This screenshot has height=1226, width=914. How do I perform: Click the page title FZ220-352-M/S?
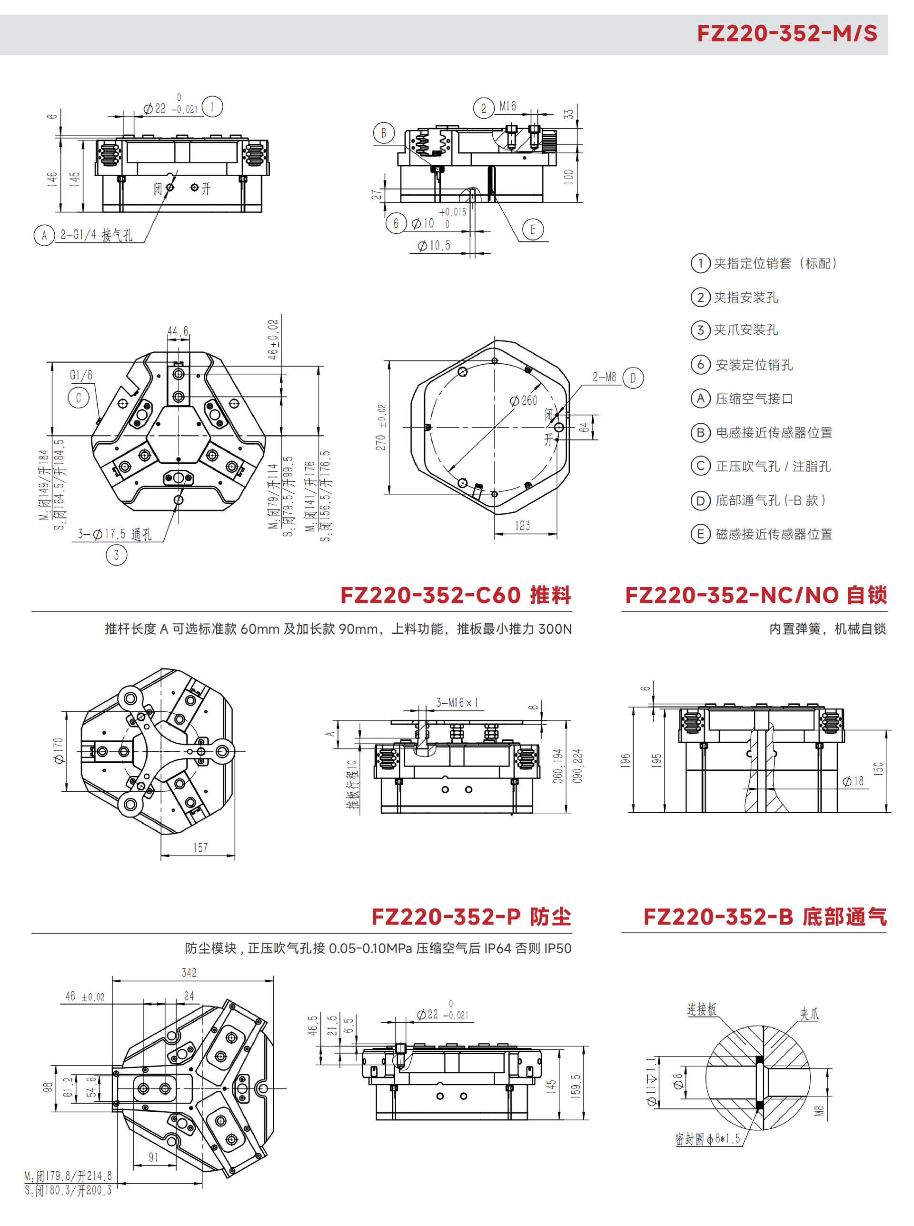click(786, 33)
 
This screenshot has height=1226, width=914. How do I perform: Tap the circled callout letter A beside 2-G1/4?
click(44, 235)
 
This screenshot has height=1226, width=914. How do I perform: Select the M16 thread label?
click(507, 106)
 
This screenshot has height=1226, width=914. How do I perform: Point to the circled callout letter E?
click(533, 229)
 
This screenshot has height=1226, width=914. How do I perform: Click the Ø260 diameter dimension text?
click(523, 400)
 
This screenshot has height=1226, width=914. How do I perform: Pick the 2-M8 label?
click(604, 377)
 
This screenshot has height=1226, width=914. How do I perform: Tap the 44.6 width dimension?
click(178, 331)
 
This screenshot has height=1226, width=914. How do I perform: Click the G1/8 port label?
click(81, 375)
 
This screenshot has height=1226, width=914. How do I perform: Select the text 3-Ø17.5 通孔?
click(115, 534)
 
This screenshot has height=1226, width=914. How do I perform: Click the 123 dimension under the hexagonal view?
click(522, 525)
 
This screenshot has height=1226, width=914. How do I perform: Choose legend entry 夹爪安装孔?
click(746, 330)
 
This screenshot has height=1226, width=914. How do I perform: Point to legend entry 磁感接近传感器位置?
click(774, 534)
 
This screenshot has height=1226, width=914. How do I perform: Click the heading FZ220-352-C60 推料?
click(456, 595)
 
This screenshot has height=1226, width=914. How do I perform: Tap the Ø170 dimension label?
click(58, 751)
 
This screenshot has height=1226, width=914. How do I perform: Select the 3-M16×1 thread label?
click(457, 703)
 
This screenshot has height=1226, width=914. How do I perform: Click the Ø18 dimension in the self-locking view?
click(853, 781)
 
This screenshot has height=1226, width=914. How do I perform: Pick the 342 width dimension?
click(189, 972)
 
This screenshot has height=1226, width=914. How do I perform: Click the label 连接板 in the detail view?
click(702, 1009)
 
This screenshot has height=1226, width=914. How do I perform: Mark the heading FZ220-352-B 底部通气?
click(765, 917)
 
